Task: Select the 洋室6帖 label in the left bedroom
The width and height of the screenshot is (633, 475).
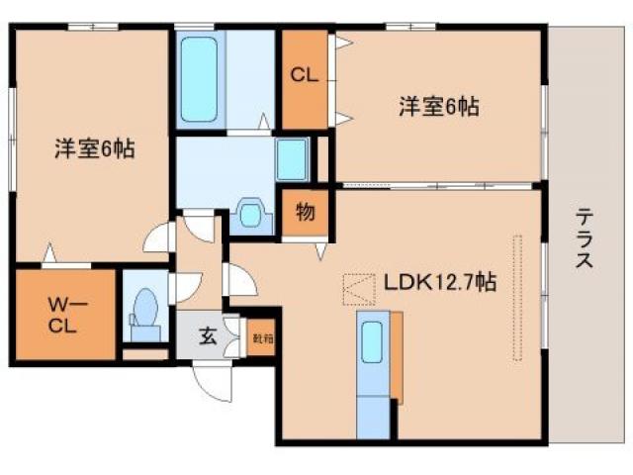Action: click(94, 150)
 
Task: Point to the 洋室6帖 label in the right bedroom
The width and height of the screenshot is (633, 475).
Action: click(439, 106)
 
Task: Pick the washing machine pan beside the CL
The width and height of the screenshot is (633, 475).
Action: click(293, 156)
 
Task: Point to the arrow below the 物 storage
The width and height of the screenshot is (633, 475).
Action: click(320, 252)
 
